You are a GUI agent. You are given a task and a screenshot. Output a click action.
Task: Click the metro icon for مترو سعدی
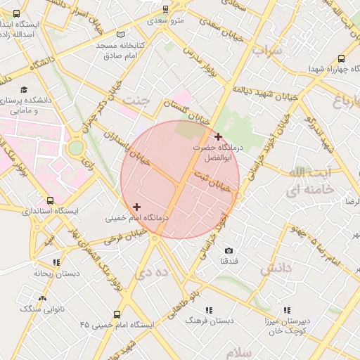tap(165, 10)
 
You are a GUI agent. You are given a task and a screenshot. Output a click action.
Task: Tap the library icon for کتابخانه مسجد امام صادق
tap(121, 34)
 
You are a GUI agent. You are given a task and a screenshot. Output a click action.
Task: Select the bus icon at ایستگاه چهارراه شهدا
tap(341, 60)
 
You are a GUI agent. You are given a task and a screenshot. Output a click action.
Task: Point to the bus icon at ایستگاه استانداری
tap(49, 200)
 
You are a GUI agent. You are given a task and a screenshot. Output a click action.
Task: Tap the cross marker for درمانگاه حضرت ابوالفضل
tap(219, 136)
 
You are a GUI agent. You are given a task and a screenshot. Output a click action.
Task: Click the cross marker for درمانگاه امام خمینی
tap(136, 207)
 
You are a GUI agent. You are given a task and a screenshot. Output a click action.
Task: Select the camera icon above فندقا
tap(229, 250)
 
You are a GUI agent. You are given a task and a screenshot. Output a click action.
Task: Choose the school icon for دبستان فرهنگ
tap(208, 310)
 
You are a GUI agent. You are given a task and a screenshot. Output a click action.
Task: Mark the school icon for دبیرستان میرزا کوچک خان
tap(287, 310)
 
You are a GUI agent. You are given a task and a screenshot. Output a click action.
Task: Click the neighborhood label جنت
tap(136, 101)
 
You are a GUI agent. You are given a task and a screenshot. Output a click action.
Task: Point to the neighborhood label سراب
tap(267, 51)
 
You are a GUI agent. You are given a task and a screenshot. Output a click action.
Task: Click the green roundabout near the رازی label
tap(75, 148)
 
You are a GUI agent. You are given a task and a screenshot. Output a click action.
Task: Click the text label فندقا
tap(229, 261)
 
